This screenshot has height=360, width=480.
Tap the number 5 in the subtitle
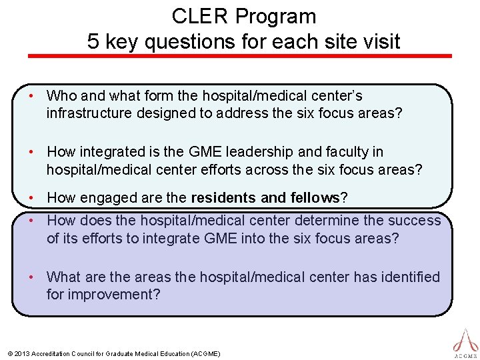(x=93, y=42)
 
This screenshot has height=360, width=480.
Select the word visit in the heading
(x=380, y=42)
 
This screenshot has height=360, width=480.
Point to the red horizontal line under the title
(x=239, y=56)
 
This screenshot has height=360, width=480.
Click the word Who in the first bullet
(x=62, y=96)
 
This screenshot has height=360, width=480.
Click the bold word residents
(x=222, y=198)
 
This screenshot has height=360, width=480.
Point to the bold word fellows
(x=311, y=198)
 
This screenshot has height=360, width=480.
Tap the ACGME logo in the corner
(x=465, y=343)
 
